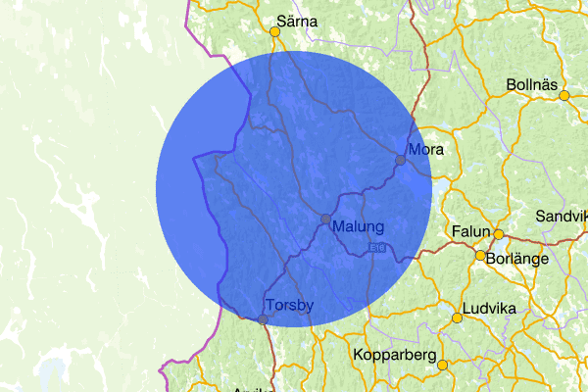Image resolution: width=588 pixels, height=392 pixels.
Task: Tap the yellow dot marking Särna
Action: [x=275, y=32]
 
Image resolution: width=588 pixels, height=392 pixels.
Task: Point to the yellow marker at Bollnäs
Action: [x=564, y=95]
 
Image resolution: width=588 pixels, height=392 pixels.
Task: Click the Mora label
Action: [x=426, y=150]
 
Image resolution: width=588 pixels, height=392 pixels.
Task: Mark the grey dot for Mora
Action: [x=400, y=160]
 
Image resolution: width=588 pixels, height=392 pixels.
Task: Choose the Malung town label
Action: [x=358, y=226]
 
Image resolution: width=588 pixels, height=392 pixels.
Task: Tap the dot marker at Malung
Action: [x=325, y=219]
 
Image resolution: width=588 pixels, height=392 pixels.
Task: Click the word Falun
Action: [x=470, y=231]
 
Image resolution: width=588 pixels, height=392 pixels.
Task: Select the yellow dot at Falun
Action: [x=498, y=234]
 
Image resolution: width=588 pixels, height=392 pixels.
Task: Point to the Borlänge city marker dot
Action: [x=480, y=256]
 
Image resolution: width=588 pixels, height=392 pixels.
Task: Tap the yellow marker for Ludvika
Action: [x=457, y=318]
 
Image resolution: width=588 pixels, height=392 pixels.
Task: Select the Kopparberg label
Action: [x=391, y=355]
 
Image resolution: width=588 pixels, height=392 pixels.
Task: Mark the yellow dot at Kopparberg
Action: [x=443, y=366]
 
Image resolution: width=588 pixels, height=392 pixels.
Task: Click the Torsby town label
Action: [x=289, y=306]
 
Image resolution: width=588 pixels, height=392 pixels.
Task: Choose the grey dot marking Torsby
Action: [x=263, y=319]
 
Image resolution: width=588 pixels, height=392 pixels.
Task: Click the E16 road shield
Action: [x=377, y=249]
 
